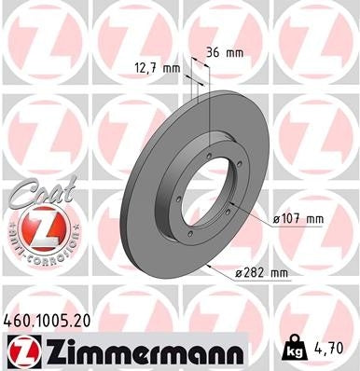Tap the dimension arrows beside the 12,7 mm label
(195, 68)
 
